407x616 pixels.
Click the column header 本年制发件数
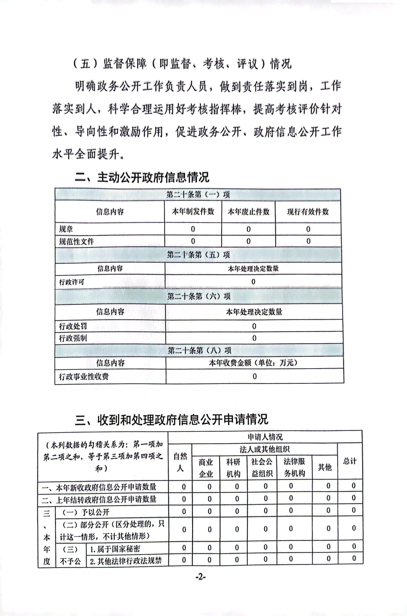tap(193, 212)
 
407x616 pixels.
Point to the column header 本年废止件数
tap(248, 212)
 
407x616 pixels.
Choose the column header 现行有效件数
tap(308, 212)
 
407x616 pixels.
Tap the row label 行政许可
tap(72, 282)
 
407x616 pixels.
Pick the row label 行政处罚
tap(73, 326)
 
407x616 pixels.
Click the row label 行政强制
tap(73, 338)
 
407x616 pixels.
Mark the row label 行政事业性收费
tap(84, 377)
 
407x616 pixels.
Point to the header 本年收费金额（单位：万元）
tap(253, 363)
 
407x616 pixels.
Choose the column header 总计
tap(350, 461)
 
